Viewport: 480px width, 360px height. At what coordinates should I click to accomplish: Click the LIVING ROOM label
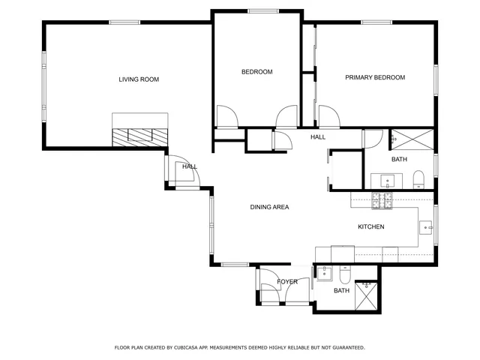[139, 79]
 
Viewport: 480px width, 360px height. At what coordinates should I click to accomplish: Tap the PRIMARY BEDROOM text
[375, 77]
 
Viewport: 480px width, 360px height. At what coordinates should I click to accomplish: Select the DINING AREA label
[269, 207]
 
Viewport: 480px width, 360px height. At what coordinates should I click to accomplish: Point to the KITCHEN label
[370, 226]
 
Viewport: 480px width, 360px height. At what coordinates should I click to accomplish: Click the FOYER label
[287, 282]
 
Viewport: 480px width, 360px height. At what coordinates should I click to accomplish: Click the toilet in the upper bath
[418, 178]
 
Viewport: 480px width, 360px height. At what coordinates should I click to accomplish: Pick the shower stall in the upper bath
[411, 139]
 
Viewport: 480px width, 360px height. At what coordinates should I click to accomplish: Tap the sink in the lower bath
[325, 272]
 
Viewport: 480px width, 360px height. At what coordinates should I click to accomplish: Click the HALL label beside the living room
[189, 166]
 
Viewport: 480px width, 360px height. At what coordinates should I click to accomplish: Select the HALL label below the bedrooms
[318, 137]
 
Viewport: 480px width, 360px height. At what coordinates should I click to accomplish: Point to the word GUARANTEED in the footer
[347, 348]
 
